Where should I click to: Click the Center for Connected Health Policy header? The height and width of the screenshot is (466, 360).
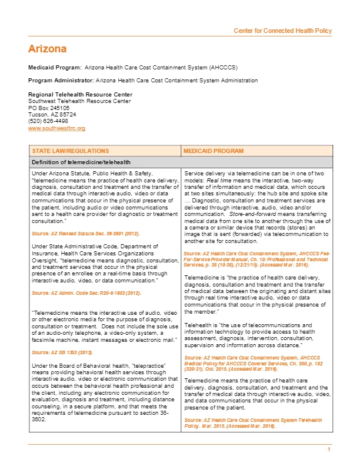point(282,31)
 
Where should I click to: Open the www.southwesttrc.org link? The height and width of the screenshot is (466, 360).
point(57,128)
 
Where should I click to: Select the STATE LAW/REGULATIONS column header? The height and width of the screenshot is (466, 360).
point(67,151)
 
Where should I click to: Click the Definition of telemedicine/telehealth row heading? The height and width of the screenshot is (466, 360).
point(81,162)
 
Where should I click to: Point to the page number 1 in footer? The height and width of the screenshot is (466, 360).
point(329,450)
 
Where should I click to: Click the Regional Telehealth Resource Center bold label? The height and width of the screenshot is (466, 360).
point(80,95)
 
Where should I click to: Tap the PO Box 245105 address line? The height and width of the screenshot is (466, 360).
point(49,108)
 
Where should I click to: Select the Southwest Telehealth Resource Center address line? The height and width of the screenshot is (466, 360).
point(79,101)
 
